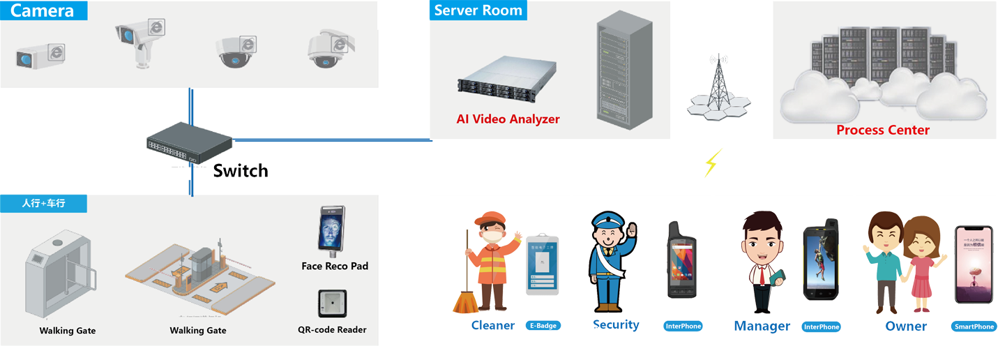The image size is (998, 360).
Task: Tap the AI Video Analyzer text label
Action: coord(508,119)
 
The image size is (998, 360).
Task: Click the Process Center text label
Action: coord(882,130)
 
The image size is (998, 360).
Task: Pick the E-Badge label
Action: coord(543,326)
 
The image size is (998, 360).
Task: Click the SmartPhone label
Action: coord(974,327)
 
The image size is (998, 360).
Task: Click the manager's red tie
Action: coord(762,276)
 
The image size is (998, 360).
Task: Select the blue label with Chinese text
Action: coord(43,204)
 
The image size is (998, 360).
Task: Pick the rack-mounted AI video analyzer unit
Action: coord(507,77)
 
